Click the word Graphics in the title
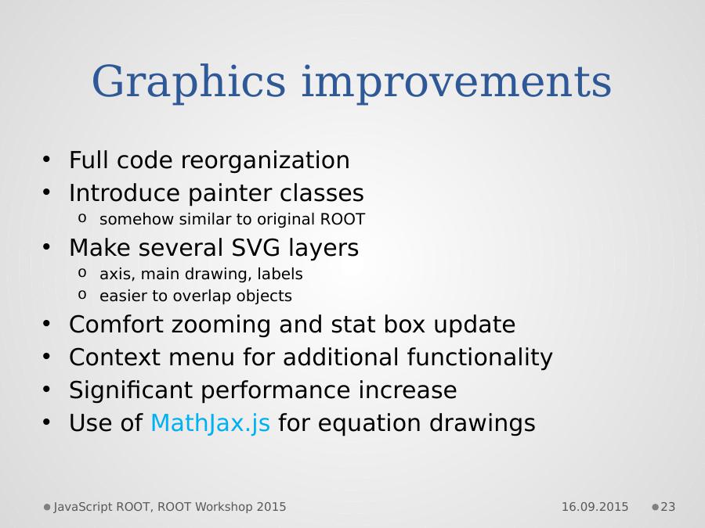(188, 83)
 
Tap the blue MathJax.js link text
(210, 423)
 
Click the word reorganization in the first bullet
(266, 160)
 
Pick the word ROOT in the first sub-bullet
(342, 219)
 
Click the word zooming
(220, 325)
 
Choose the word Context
(114, 357)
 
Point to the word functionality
(479, 357)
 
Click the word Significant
(131, 390)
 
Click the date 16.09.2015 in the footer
(595, 507)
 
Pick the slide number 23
(667, 507)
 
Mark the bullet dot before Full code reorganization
(46, 160)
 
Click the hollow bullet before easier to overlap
(81, 295)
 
